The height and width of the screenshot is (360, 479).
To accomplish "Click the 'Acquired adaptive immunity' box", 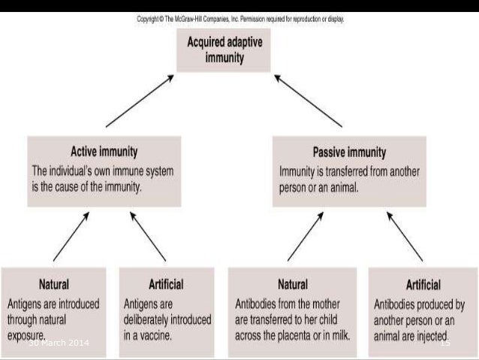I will point(228,50).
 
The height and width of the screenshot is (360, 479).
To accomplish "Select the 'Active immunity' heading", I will point(104,150).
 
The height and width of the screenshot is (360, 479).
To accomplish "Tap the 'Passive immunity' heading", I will point(348,150).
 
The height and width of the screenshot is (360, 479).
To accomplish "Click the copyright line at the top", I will point(240,20).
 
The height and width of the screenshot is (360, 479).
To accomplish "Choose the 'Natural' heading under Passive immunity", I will point(288,285).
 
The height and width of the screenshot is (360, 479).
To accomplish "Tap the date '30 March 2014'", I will point(58,343).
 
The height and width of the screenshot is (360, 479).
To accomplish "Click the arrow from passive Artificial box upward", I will point(404,236).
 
